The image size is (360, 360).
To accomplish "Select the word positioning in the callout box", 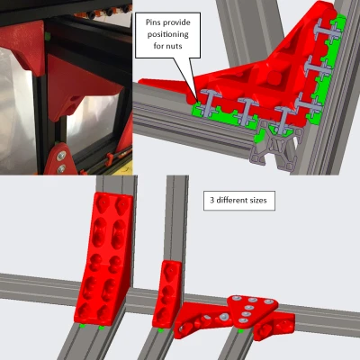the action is coord(167,34).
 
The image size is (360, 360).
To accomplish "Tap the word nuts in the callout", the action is coord(175,46).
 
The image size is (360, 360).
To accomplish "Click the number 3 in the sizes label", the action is coord(211,200).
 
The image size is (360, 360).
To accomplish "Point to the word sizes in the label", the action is coord(258,200).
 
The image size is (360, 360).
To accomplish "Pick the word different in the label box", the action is coord(231,200).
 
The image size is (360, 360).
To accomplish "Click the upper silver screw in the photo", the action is coord(62,156).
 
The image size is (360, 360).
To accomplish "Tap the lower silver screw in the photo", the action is coord(61,169).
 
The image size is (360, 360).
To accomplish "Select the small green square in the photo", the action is coord(48,36).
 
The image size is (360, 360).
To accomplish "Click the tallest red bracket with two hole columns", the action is coord(103,259).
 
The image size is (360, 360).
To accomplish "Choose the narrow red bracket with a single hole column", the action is coord(166,294).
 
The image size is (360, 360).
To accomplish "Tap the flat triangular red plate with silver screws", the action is coord(251,310).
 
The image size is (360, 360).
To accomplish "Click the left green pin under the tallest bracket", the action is coord(83,326).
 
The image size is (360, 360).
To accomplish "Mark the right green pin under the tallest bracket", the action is coord(102,328).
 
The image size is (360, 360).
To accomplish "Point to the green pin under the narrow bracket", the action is coord(161,330).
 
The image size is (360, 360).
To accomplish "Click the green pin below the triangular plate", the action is coord(240,331).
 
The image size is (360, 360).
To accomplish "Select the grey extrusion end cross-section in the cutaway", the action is coord(274,146).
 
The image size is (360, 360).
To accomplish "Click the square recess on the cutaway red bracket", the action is coord(273,78).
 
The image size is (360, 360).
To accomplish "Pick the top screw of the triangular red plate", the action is coord(238,299).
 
